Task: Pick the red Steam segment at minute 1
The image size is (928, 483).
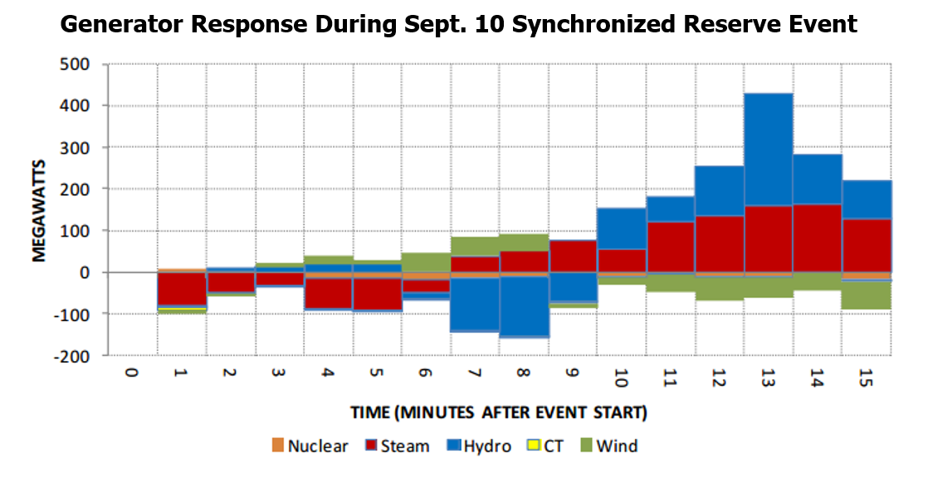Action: coord(182,289)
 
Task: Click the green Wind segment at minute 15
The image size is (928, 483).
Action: coord(866,295)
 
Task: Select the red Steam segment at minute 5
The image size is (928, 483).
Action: coord(378,295)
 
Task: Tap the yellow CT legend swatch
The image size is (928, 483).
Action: coord(535,446)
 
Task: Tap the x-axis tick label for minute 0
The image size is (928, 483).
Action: coord(131,373)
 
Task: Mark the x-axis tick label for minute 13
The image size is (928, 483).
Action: coord(768,376)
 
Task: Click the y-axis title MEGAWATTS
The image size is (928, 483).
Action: coord(39,209)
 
